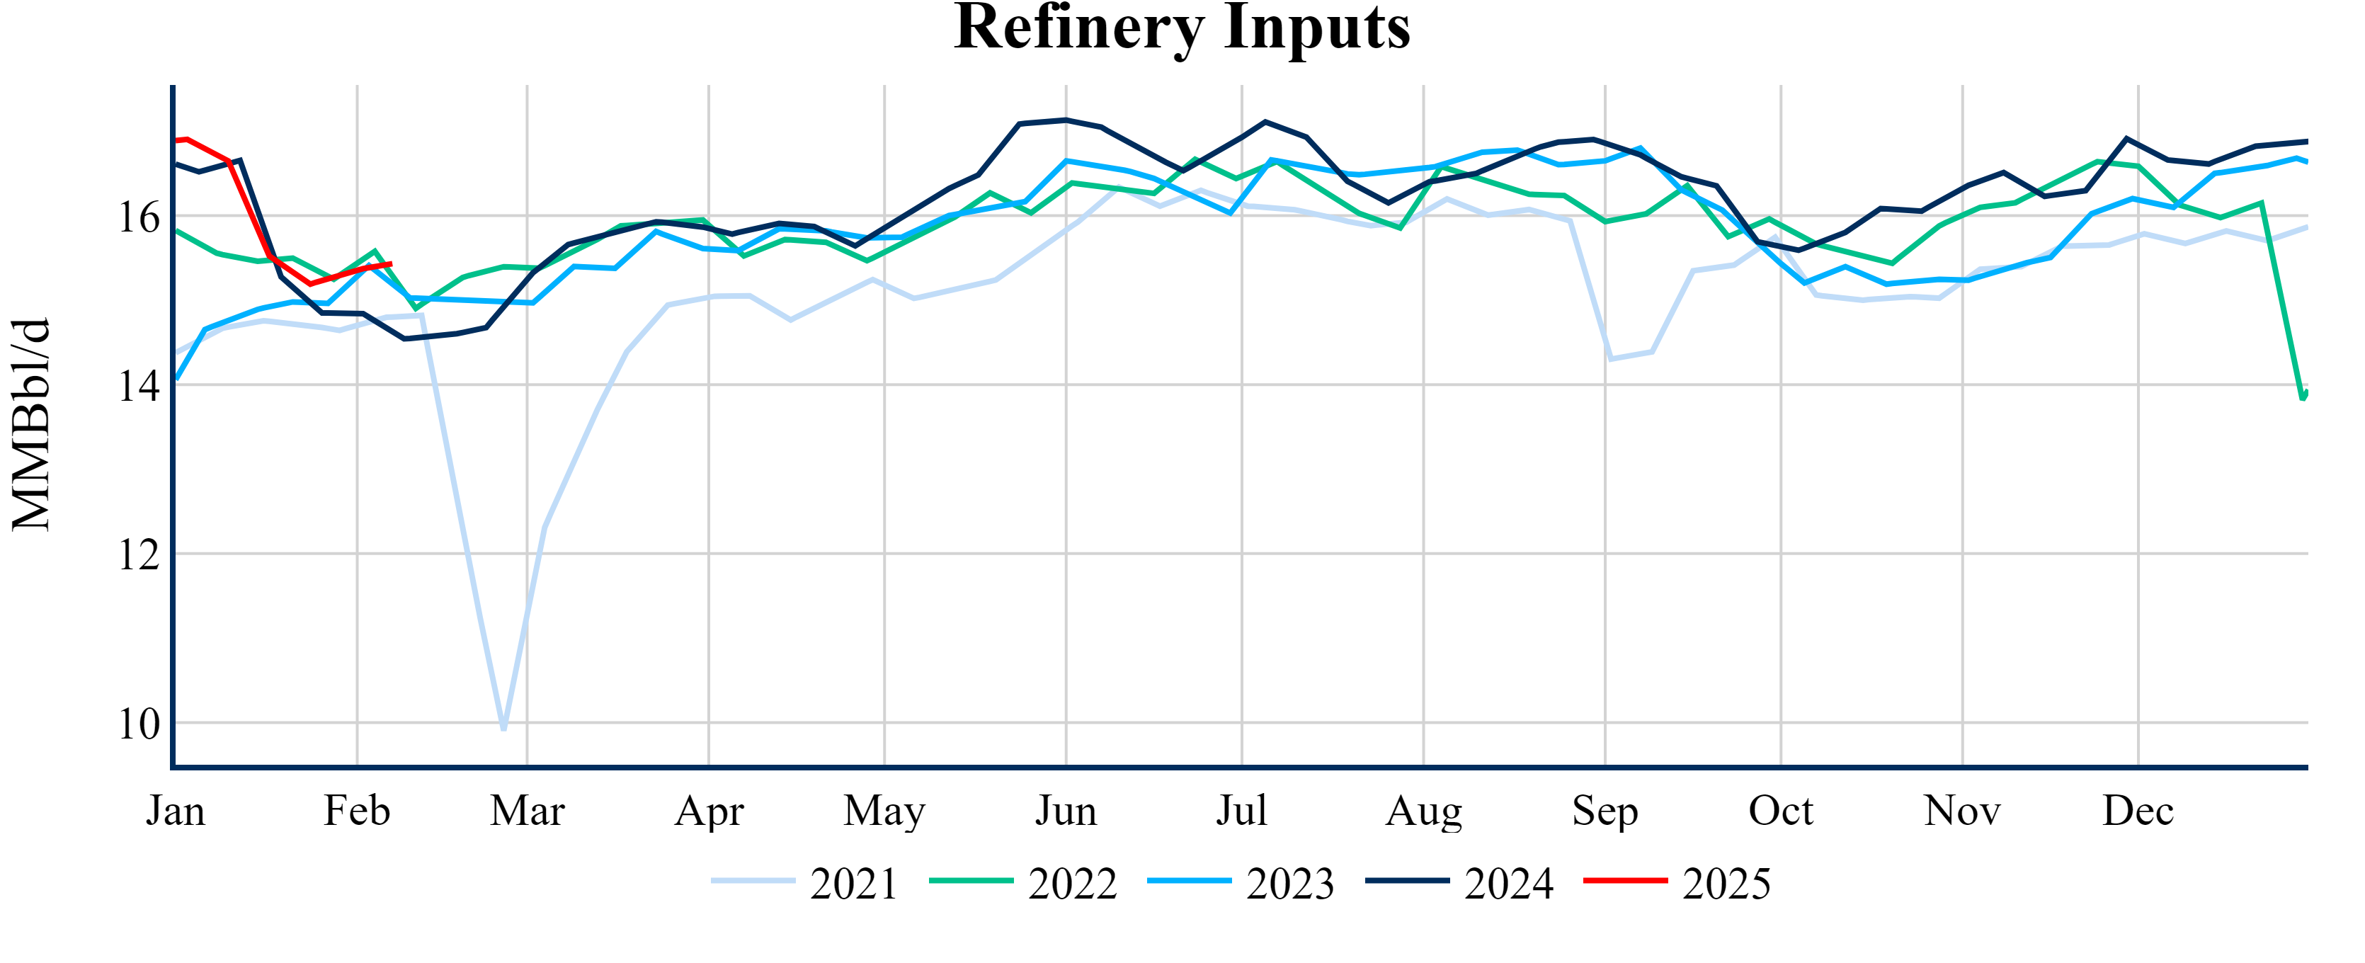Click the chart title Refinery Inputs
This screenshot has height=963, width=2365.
(1182, 28)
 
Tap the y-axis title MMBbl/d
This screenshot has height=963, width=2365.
(31, 424)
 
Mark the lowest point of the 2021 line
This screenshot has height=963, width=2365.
(504, 729)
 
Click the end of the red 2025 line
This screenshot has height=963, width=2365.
(391, 264)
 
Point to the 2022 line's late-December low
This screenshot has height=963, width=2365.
(2303, 397)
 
